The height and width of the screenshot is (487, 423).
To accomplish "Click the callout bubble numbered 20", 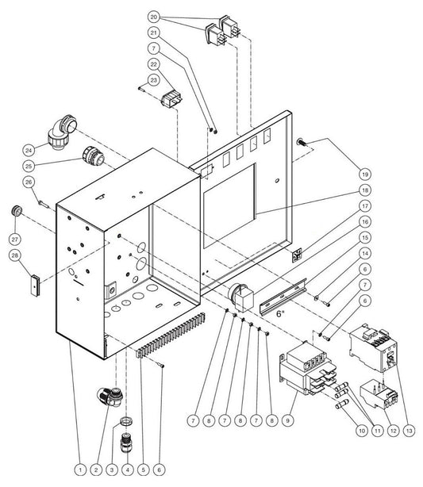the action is tap(154, 17).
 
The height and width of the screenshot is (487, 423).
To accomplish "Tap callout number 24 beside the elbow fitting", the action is tap(29, 151).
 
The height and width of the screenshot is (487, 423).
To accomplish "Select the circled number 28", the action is tap(15, 255).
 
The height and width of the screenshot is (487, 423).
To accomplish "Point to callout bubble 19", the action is tap(365, 174).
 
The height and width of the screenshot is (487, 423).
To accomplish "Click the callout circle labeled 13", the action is tap(409, 431).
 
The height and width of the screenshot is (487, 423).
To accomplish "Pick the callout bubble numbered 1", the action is tap(80, 470).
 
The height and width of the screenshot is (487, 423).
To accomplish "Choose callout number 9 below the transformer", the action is tap(288, 421).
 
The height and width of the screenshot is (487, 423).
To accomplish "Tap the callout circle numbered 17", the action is tap(365, 206).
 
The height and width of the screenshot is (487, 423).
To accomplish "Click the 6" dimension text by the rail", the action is tap(280, 313).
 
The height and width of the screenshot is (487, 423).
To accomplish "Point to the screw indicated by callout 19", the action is tap(302, 142).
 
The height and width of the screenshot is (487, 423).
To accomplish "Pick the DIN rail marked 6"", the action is tap(283, 297).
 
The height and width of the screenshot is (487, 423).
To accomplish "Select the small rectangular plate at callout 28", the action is tap(35, 286).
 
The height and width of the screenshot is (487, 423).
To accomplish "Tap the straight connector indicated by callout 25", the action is tap(94, 156).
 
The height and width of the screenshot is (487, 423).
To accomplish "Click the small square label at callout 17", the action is tap(297, 255).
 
